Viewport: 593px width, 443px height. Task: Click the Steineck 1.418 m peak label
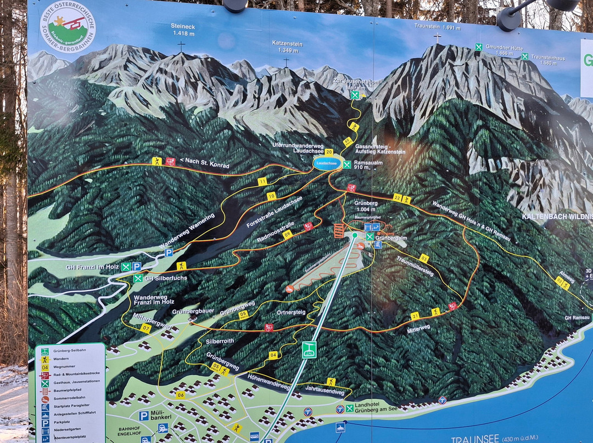click(x=183, y=30)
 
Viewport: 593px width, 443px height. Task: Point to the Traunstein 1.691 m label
click(x=437, y=26)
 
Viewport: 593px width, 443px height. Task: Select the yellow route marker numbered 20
click(x=329, y=152)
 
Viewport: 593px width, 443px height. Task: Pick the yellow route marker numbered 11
click(x=262, y=181)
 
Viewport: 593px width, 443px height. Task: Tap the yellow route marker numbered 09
click(x=287, y=234)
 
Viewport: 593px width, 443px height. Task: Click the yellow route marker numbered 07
click(x=145, y=328)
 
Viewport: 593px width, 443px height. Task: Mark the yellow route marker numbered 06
click(x=180, y=395)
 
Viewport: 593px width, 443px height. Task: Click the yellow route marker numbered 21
click(x=415, y=316)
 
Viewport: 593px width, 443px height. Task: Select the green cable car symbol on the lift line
click(x=309, y=349)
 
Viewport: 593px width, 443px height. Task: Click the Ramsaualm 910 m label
click(x=368, y=164)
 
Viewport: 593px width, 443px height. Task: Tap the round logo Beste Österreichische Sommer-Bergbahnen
click(x=68, y=26)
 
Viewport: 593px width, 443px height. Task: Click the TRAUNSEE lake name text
click(x=475, y=439)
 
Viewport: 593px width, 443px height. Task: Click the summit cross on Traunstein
click(x=437, y=38)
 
